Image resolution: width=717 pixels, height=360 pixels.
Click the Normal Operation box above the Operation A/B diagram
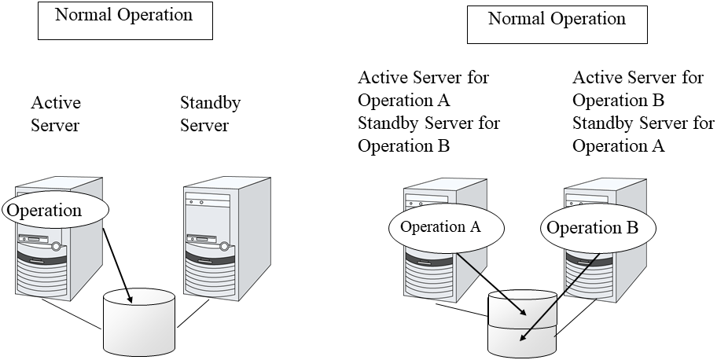pyautogui.click(x=557, y=25)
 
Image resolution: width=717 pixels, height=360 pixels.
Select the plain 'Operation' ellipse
pyautogui.click(x=55, y=211)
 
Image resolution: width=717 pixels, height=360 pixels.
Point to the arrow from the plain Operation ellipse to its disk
pyautogui.click(x=118, y=260)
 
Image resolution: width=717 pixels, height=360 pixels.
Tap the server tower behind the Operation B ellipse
pyautogui.click(x=597, y=271)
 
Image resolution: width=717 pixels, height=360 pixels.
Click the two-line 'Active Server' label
pyautogui.click(x=56, y=114)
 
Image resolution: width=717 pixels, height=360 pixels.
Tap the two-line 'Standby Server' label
pyautogui.click(x=210, y=114)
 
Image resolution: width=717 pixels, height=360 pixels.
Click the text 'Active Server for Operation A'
pyautogui.click(x=423, y=89)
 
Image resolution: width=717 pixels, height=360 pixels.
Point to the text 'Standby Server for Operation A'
pyautogui.click(x=643, y=134)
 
